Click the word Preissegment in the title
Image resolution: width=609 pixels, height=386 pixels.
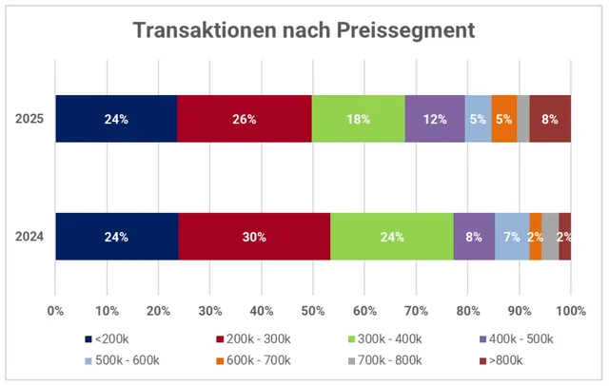click(x=405, y=30)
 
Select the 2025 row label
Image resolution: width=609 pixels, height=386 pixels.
click(x=29, y=119)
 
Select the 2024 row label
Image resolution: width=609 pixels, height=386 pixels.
click(x=29, y=236)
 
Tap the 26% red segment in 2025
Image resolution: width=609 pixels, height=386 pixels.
click(x=245, y=119)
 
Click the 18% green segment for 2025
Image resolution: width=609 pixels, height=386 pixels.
click(x=359, y=119)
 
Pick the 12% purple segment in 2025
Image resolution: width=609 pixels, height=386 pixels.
click(x=435, y=119)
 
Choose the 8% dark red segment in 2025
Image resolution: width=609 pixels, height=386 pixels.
click(x=550, y=119)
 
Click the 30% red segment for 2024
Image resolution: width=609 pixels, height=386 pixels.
click(x=254, y=236)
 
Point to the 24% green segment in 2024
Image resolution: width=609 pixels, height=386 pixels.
click(x=392, y=236)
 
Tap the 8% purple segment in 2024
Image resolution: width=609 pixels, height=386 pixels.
click(x=474, y=236)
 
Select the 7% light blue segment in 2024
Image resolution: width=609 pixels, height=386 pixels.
click(x=512, y=236)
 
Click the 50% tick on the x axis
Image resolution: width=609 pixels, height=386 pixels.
click(x=313, y=310)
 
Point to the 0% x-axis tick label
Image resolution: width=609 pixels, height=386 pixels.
click(x=55, y=310)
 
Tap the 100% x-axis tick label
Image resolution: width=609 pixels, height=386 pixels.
click(x=570, y=310)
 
